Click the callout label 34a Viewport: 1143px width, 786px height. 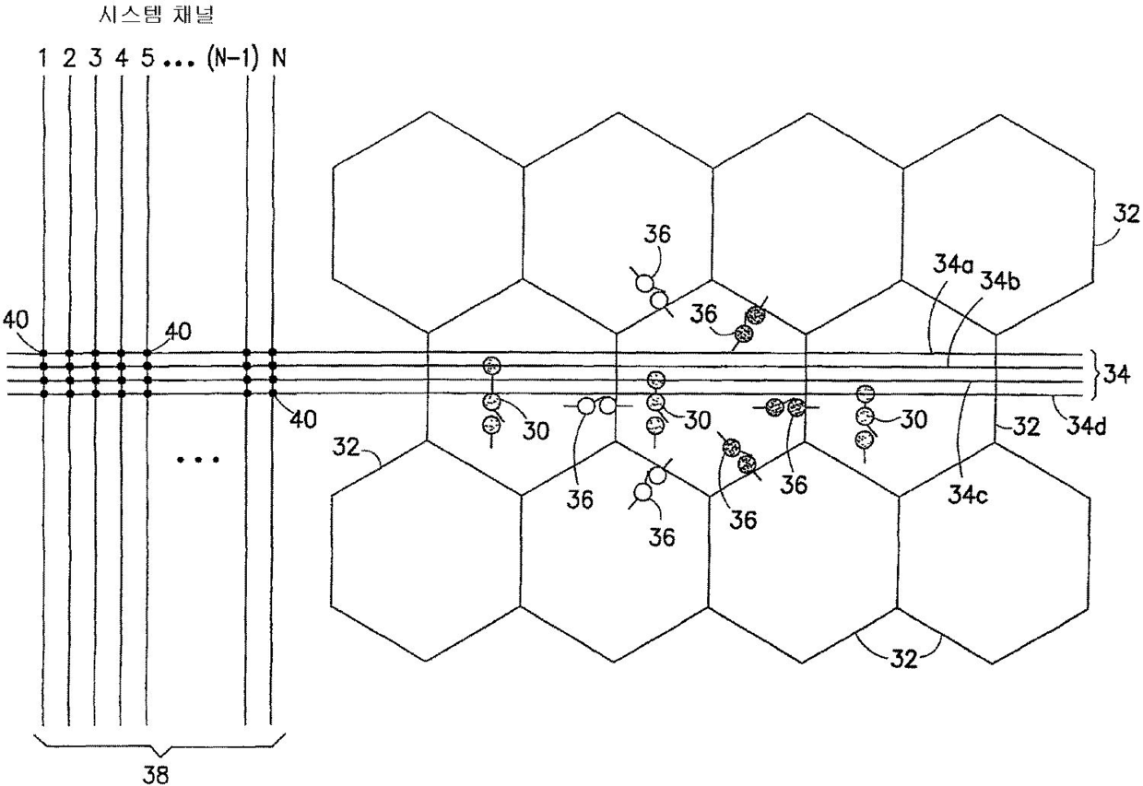click(949, 267)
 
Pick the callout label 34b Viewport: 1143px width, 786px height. click(999, 280)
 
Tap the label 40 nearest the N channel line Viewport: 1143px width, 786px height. click(302, 420)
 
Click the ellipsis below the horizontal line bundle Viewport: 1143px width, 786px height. click(197, 458)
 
